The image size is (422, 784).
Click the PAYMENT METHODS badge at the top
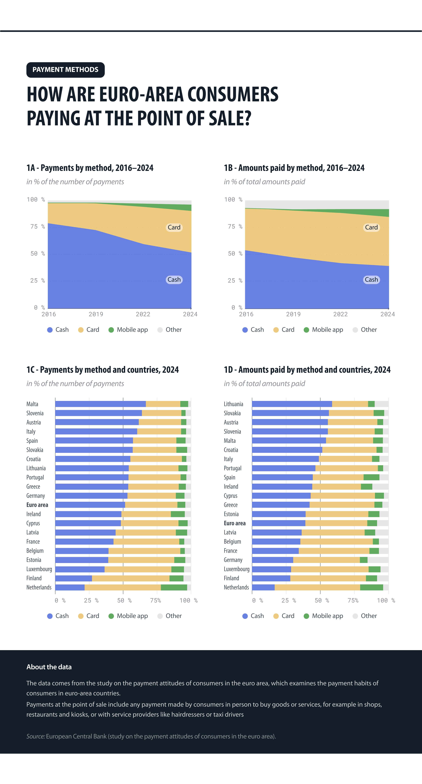click(x=65, y=70)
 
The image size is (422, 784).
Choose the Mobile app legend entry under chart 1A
click(x=128, y=330)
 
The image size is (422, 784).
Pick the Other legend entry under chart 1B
click(x=365, y=330)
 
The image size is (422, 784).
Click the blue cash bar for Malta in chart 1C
click(x=100, y=404)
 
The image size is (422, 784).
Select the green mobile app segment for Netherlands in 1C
click(x=174, y=587)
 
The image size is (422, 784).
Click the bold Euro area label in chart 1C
click(x=37, y=505)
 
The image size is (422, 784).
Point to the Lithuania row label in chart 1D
click(x=233, y=404)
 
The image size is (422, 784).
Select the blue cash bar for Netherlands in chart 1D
click(x=263, y=587)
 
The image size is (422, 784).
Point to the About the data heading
click(x=49, y=667)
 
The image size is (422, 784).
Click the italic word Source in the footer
click(x=35, y=736)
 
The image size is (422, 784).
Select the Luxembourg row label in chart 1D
click(x=237, y=569)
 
